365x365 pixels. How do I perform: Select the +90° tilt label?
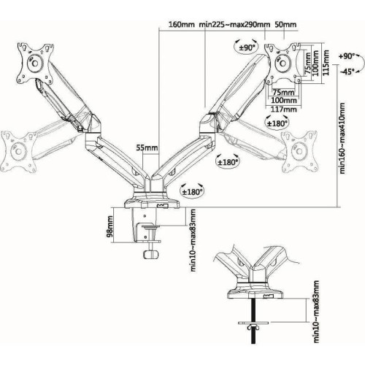click(348, 56)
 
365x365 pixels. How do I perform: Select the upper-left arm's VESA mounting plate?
click(32, 64)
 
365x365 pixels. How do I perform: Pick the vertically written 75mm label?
click(306, 58)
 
